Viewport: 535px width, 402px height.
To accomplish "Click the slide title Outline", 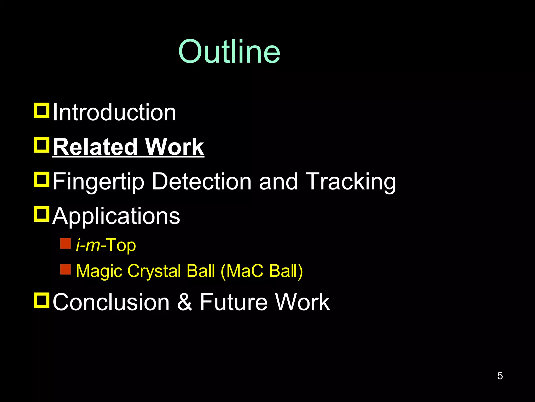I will coord(229,52).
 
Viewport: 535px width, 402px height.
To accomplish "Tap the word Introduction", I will coord(114,113).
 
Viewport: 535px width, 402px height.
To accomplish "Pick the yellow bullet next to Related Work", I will coord(42,145).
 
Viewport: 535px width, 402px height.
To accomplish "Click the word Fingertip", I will coord(98,181).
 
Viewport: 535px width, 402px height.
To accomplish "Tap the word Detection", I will coord(202,181).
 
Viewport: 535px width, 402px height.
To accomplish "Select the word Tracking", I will coord(351,181).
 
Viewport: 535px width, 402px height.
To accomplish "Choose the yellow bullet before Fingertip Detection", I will coord(42,180).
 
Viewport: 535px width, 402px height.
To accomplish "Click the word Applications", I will coord(116,216).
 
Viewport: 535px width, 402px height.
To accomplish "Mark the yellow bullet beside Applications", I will coord(42,214).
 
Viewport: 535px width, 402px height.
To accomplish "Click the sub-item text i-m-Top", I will coord(106,245).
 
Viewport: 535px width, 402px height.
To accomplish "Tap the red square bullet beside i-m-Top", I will coord(65,243).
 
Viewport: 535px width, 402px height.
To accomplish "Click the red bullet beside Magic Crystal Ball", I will coord(65,269).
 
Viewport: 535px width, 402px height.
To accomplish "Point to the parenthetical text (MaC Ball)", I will coord(262,271).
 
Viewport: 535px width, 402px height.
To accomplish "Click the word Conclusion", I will coord(111,302).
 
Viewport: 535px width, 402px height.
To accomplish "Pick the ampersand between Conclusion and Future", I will coord(185,302).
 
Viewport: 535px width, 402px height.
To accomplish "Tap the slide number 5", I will coord(500,376).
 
